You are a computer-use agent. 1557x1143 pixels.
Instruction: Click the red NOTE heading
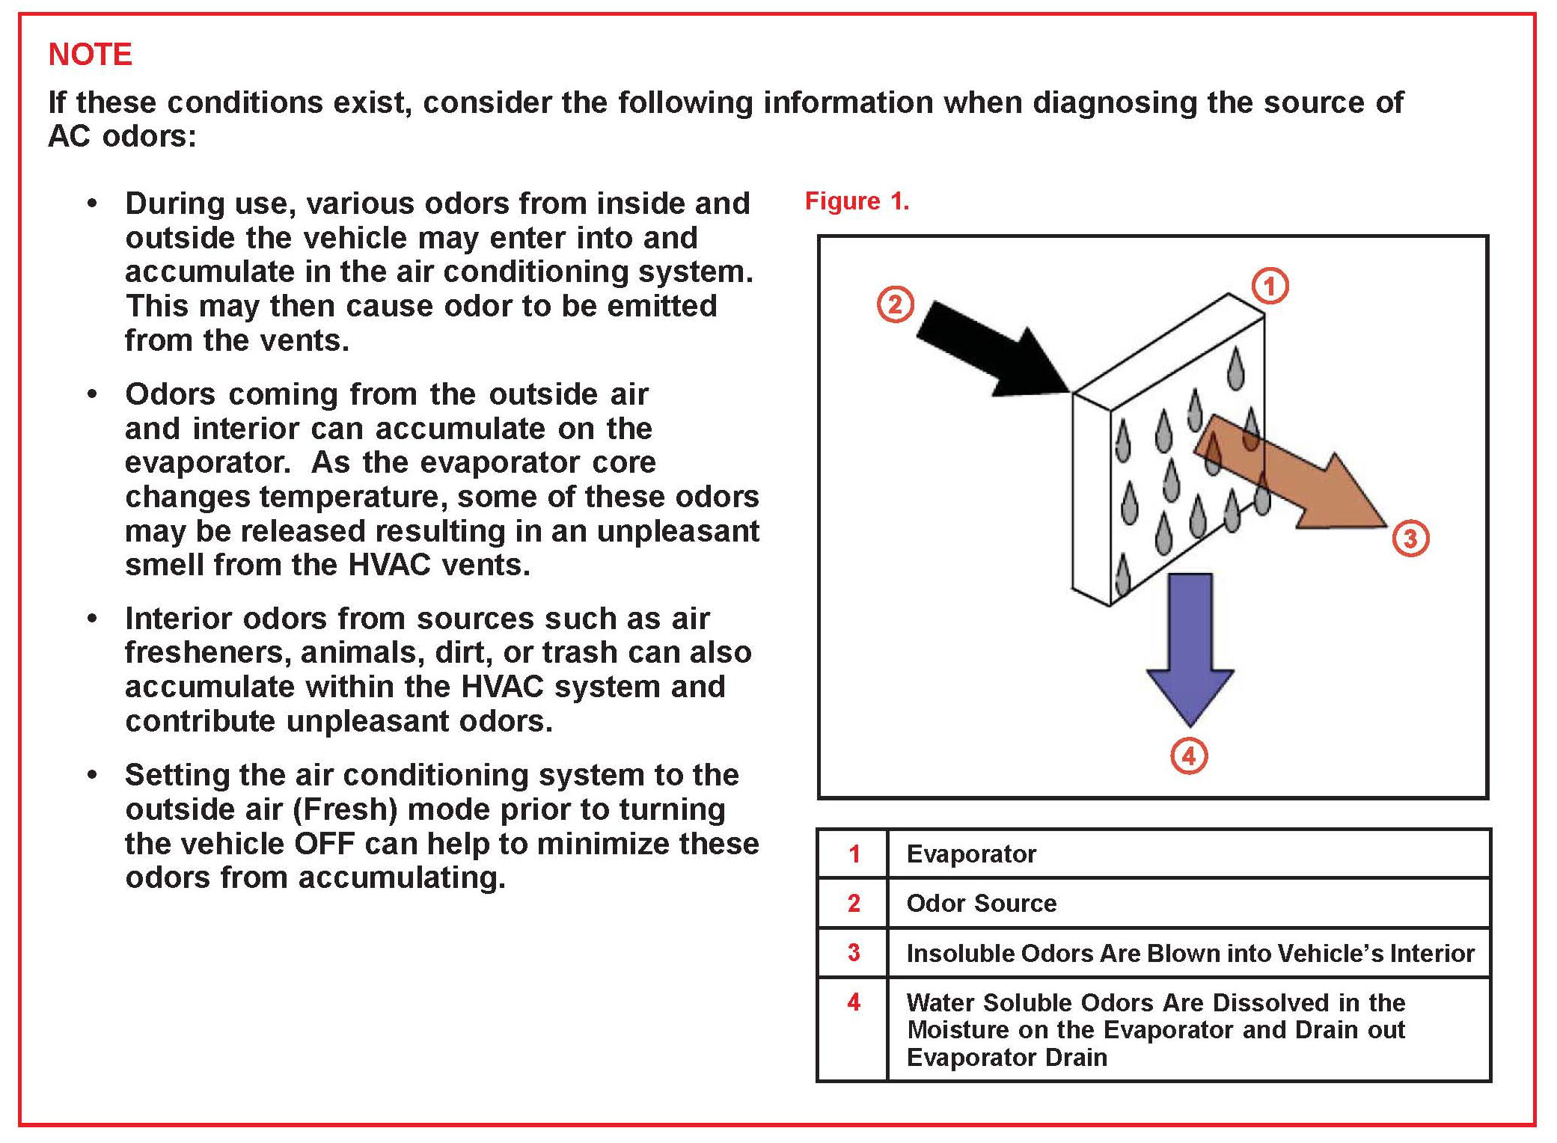(91, 55)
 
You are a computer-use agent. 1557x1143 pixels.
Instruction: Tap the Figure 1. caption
(857, 201)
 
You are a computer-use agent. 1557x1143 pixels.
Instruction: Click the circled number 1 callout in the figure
(1270, 286)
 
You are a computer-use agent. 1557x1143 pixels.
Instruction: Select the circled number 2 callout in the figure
(895, 304)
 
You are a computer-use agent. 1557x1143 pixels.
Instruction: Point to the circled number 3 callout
(1410, 539)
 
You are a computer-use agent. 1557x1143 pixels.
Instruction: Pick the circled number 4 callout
(1189, 756)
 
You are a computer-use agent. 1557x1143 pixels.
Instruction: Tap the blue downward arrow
(1190, 649)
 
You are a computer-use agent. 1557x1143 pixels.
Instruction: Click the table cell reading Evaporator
(971, 854)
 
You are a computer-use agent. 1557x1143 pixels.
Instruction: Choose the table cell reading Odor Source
(982, 904)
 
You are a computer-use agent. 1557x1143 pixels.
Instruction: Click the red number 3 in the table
(854, 952)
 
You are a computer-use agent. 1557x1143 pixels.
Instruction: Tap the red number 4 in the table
(854, 1002)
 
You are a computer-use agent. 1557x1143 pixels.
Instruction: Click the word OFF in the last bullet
(324, 844)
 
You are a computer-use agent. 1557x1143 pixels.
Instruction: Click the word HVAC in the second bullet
(389, 565)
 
